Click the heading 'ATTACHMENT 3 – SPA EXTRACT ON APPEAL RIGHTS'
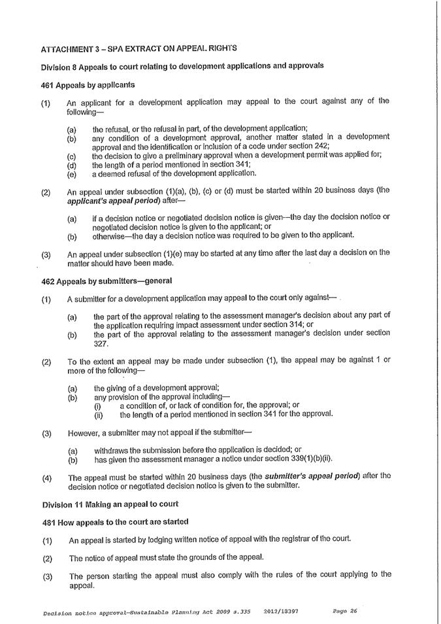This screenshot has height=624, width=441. click(x=139, y=48)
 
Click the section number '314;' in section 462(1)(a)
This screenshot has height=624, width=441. click(x=288, y=324)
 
